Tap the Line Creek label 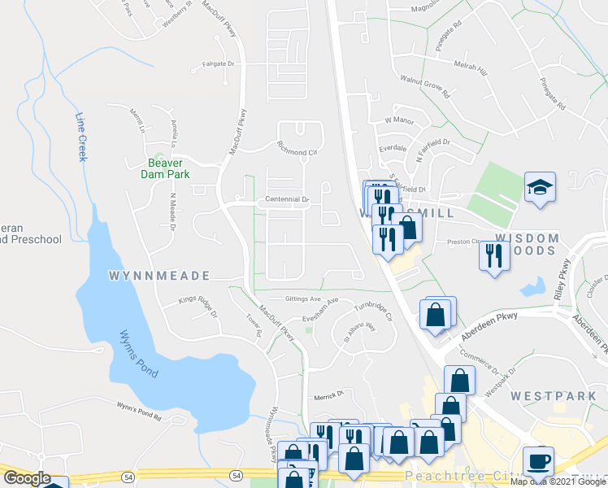coord(80,136)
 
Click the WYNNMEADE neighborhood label coord(159,276)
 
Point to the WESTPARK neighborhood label coord(550,395)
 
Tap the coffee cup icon coord(538,462)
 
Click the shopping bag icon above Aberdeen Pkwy coord(436,314)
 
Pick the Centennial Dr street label coord(284,199)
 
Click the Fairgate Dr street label coord(218,63)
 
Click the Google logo coord(27,478)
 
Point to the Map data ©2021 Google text coord(557,481)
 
